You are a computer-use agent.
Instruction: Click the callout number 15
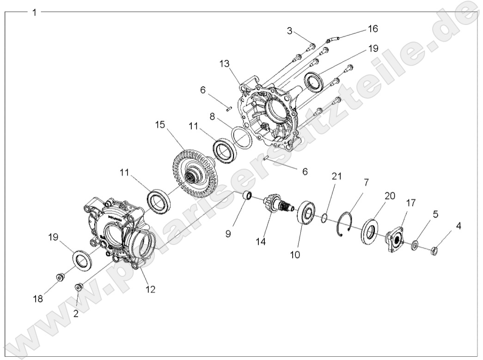tap(159, 125)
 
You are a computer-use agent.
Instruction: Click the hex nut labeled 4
tap(434, 252)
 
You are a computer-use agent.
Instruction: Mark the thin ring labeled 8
tap(242, 137)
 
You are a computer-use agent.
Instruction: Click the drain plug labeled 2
tap(78, 288)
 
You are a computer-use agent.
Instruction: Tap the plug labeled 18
tap(60, 277)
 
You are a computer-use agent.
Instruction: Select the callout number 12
tap(150, 290)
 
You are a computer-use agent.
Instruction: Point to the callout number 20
tap(390, 195)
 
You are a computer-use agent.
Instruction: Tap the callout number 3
tap(289, 31)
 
